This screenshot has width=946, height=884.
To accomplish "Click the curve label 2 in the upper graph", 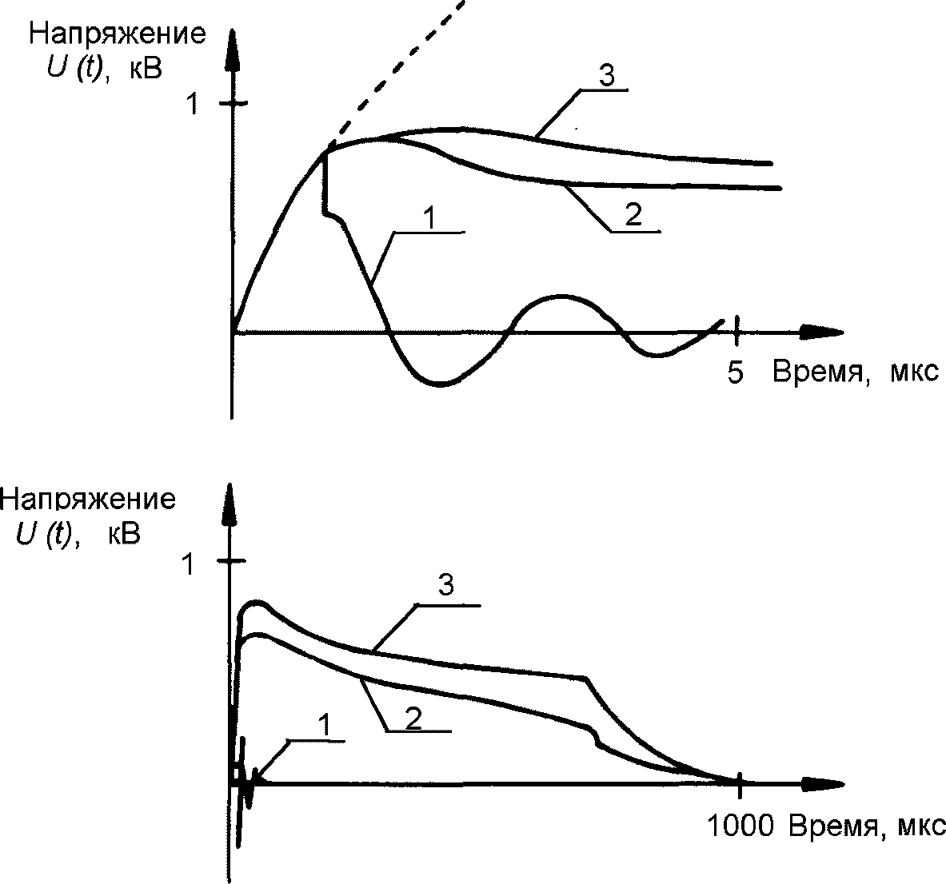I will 633,216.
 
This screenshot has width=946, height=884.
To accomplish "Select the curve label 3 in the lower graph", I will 447,586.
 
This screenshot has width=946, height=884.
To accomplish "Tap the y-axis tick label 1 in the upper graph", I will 191,105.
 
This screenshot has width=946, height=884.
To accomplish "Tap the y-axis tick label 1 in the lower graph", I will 189,565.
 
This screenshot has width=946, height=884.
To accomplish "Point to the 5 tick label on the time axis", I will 735,372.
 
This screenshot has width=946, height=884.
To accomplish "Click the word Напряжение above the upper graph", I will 117,34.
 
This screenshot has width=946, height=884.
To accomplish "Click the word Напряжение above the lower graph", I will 88,499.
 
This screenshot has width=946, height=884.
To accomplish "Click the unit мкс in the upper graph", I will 913,372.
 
